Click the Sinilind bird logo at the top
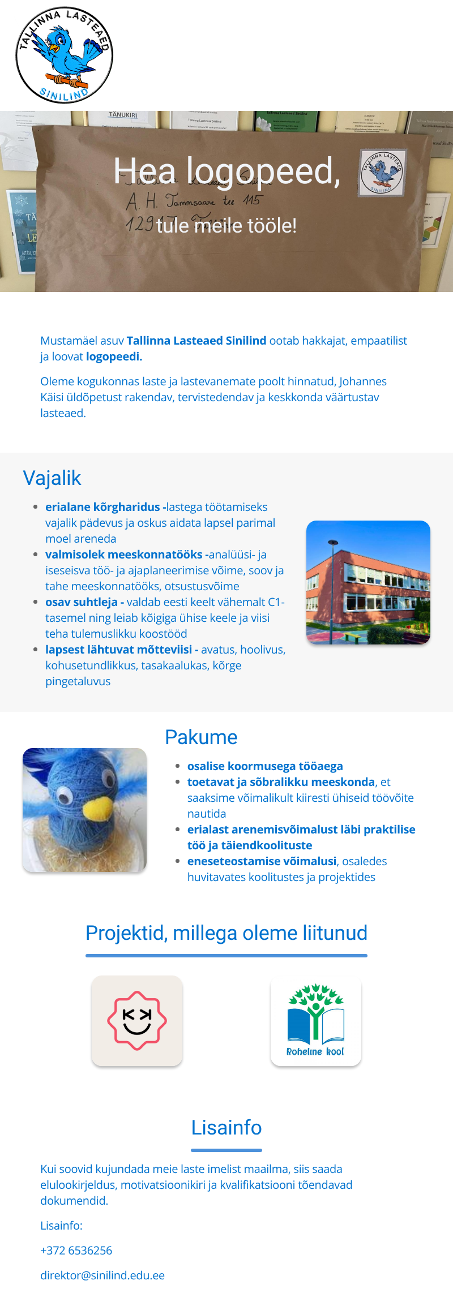[x=64, y=55]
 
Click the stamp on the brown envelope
[x=382, y=173]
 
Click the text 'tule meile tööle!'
[x=226, y=226]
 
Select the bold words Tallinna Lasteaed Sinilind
[x=196, y=341]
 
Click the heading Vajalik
[x=52, y=478]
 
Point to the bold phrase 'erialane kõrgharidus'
[x=102, y=507]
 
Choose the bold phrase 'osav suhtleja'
[x=82, y=602]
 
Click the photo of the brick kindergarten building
[x=368, y=582]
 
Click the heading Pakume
[x=201, y=737]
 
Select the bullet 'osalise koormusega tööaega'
[x=265, y=766]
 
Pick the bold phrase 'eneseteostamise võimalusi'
[x=262, y=861]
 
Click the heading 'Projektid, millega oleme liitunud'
[x=226, y=933]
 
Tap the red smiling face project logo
[x=137, y=1021]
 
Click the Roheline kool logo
[x=316, y=1021]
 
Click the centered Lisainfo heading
[x=226, y=1128]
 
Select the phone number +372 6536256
[x=76, y=1250]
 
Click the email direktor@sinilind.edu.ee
[x=102, y=1275]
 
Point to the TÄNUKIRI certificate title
[x=123, y=115]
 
